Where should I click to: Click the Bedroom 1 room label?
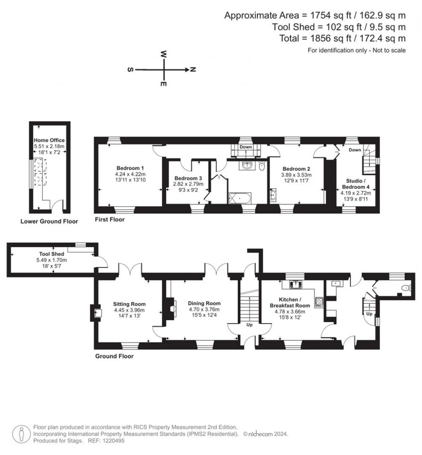(x=130, y=168)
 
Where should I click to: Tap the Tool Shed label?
(x=52, y=254)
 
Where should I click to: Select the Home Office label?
(x=49, y=140)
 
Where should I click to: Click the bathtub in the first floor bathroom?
(x=239, y=198)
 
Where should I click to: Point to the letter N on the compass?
(x=193, y=70)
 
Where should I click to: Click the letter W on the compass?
(x=164, y=54)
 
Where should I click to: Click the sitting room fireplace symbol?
(x=98, y=312)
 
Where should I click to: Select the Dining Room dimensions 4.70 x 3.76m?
(x=204, y=310)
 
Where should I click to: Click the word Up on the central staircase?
(x=249, y=325)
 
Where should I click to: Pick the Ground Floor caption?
(x=114, y=356)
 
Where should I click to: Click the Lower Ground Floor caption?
(x=49, y=221)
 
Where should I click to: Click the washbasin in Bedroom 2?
(x=273, y=195)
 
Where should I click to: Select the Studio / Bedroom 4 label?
(x=356, y=184)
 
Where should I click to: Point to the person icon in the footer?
(x=21, y=434)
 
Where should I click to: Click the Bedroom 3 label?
(x=188, y=178)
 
